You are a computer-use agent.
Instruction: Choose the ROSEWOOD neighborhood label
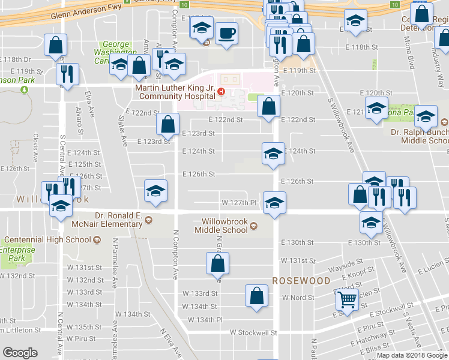[301, 281]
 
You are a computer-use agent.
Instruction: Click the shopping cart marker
[347, 299]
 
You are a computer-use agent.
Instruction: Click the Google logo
[20, 353]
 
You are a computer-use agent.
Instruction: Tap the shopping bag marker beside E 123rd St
[167, 124]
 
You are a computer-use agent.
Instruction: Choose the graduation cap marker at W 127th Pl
[274, 202]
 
